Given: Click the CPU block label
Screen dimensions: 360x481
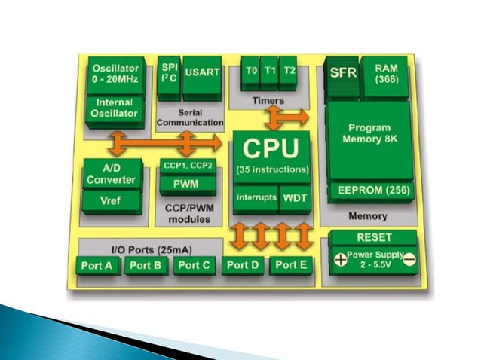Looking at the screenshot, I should coord(270,147).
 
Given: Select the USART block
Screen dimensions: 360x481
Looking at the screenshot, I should coord(203,72).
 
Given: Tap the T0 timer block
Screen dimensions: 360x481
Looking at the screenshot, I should coord(251,72).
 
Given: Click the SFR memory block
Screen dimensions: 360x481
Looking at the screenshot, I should coord(343,73).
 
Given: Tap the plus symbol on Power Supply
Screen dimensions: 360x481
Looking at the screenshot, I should coord(340,260).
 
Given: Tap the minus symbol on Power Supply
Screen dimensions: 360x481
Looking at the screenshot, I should coord(409,260).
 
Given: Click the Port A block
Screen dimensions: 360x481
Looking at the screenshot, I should coord(99,265).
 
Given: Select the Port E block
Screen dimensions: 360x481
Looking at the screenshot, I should coord(291,265).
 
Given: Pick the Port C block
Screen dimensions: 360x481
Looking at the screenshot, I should coord(195,265).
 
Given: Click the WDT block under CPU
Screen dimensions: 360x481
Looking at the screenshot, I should coord(293,198).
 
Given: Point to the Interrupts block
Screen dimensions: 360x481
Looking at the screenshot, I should coord(254,198).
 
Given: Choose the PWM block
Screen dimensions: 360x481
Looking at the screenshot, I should coord(187,183).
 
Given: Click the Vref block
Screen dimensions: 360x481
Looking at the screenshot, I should coord(110,201).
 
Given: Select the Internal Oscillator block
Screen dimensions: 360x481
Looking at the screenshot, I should coord(115,108).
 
